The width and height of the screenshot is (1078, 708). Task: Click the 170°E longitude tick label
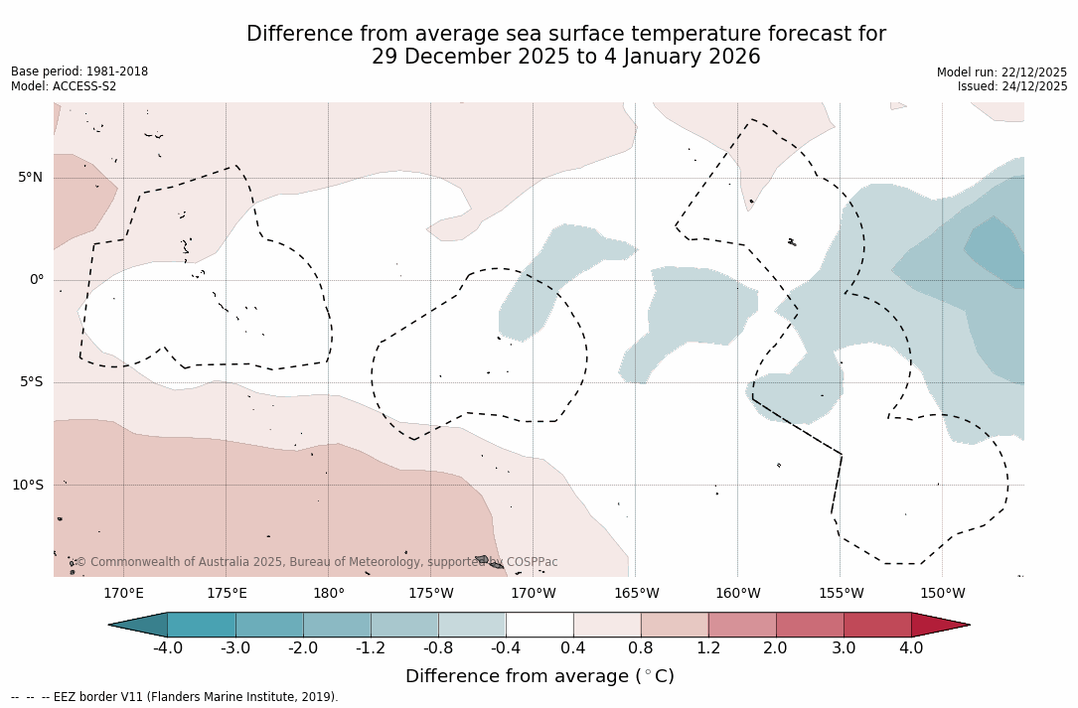[123, 594]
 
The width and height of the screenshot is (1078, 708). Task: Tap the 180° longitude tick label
[329, 594]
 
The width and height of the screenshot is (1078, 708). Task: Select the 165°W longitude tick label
[636, 594]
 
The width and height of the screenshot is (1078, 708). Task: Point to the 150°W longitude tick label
[942, 594]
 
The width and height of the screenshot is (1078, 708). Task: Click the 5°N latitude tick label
[30, 178]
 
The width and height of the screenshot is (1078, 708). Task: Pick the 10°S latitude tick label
[27, 486]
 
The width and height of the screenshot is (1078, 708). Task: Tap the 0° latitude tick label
[36, 280]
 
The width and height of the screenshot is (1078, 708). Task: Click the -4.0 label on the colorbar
[167, 648]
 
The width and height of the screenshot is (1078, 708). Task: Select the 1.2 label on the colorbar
[707, 648]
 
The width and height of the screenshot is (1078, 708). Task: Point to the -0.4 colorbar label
[505, 648]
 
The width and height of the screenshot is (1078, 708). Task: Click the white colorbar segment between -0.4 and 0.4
[539, 625]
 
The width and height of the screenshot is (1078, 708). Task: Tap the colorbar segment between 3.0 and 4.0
[877, 625]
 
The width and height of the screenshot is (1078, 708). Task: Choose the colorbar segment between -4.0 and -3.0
[202, 625]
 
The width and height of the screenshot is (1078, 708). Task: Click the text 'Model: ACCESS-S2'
[64, 86]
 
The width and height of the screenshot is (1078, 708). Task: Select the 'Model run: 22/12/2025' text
[1001, 72]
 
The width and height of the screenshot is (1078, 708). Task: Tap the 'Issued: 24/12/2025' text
[1012, 86]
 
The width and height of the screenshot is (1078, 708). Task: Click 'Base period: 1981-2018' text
[79, 71]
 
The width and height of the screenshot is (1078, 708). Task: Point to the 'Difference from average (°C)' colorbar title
[539, 676]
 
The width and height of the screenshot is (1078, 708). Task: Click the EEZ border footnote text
[175, 697]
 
